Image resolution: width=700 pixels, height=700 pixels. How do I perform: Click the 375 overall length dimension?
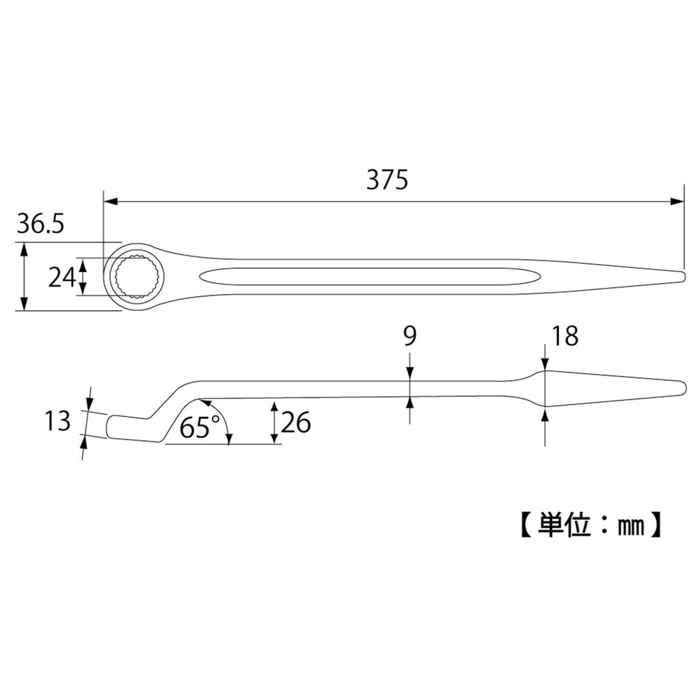pyautogui.click(x=387, y=180)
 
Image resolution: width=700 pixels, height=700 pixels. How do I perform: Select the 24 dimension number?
pyautogui.click(x=61, y=277)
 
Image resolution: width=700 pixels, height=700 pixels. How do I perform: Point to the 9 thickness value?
pyautogui.click(x=409, y=336)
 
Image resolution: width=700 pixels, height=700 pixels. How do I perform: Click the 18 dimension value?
pyautogui.click(x=565, y=336)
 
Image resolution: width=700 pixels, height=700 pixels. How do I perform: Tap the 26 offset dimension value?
pyautogui.click(x=296, y=423)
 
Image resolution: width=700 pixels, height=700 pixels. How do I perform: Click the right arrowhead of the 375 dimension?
pyautogui.click(x=677, y=202)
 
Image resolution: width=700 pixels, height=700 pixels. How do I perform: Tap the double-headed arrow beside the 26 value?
pyautogui.click(x=274, y=422)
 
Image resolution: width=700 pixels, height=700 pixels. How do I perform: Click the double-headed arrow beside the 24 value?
pyautogui.click(x=83, y=277)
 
